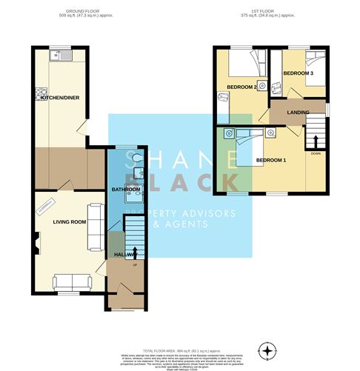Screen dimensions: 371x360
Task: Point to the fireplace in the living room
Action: click(x=34, y=241)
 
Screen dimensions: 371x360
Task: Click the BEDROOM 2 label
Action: click(x=241, y=87)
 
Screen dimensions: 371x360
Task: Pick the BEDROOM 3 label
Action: click(x=299, y=73)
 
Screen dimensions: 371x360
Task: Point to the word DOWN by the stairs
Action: click(x=316, y=154)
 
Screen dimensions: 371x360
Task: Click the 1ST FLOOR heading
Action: click(x=267, y=13)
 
